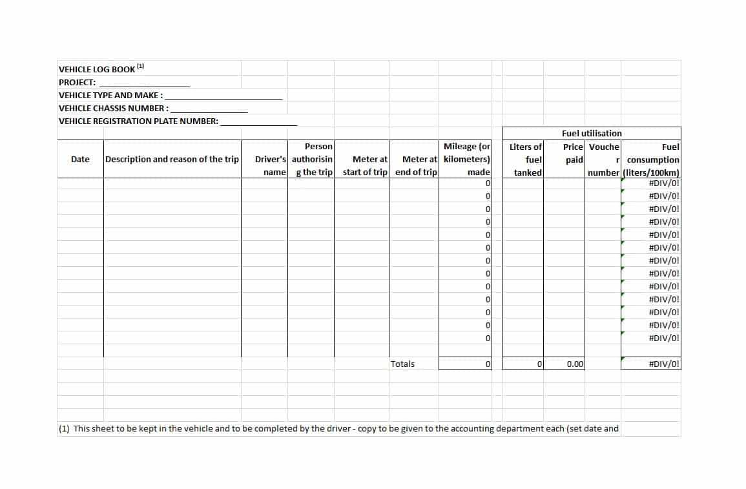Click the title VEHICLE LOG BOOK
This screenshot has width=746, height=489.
(x=97, y=69)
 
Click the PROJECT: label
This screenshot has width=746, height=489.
(x=77, y=82)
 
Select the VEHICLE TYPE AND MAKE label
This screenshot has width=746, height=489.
(x=110, y=95)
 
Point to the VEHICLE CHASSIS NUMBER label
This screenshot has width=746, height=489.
(x=114, y=108)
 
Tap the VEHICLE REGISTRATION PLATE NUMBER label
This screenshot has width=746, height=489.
(x=138, y=121)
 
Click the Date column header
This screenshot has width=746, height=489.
(x=80, y=159)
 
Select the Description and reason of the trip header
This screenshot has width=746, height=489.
(x=172, y=159)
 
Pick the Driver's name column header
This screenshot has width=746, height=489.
(x=270, y=165)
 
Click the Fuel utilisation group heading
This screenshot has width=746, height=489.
(x=592, y=133)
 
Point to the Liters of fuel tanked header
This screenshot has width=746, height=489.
(x=526, y=159)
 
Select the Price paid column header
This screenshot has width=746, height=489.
(x=573, y=153)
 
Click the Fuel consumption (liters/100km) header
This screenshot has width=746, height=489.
(x=652, y=160)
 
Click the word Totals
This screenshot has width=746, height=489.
(x=402, y=364)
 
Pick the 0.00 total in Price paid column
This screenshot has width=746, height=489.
(x=575, y=364)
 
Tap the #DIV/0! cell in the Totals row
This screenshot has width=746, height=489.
(x=664, y=364)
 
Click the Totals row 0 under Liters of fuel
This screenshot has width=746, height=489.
(x=539, y=364)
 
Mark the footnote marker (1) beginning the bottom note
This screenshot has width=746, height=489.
(x=64, y=428)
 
